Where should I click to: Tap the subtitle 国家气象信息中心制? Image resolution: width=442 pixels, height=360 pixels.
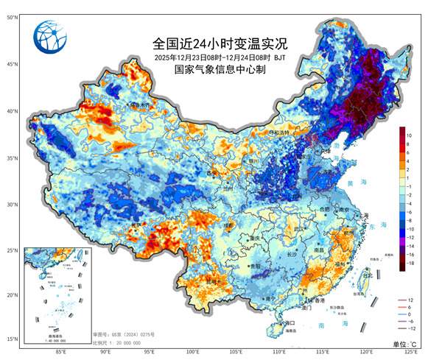pos(219,70)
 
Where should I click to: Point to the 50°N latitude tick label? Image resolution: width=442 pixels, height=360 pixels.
pos(13,16)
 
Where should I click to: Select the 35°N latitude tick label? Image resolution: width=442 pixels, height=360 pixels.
pos(13,158)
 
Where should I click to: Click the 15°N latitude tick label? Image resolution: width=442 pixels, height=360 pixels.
pos(13,339)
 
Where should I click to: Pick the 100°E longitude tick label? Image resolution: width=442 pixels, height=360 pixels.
pos(193,352)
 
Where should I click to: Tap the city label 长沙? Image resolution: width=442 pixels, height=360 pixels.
pos(290,254)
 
